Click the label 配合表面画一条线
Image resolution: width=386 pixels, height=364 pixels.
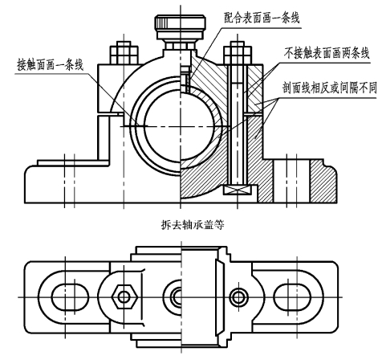pyautogui.click(x=262, y=18)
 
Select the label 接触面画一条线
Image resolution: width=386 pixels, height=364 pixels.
pyautogui.click(x=51, y=64)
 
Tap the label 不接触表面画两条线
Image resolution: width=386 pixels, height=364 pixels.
pyautogui.click(x=327, y=53)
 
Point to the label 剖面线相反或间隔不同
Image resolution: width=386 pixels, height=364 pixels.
pyautogui.click(x=330, y=88)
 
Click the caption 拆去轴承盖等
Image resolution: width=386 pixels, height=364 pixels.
pyautogui.click(x=193, y=224)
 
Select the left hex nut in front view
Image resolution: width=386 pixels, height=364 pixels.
pyautogui.click(x=124, y=53)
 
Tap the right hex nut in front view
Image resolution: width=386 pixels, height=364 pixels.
pyautogui.click(x=238, y=53)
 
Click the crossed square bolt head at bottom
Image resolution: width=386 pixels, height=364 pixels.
pyautogui.click(x=238, y=190)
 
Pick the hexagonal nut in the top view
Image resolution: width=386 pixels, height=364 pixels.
pyautogui.click(x=124, y=297)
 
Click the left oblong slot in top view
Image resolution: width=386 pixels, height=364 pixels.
pyautogui.click(x=70, y=297)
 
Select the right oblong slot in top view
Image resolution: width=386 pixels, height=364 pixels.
pyautogui.click(x=292, y=297)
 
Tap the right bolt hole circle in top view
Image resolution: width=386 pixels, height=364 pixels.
pyautogui.click(x=238, y=297)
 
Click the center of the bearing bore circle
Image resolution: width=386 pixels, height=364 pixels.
pyautogui.click(x=180, y=126)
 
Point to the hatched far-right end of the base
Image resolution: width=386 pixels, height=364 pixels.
pyautogui.click(x=323, y=181)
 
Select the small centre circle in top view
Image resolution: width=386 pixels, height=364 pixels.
pyautogui.click(x=177, y=297)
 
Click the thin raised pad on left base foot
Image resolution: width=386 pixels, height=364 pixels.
pyautogui.click(x=73, y=163)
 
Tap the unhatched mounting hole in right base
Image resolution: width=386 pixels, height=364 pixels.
pyautogui.click(x=291, y=182)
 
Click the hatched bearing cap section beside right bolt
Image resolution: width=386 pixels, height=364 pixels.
pyautogui.click(x=254, y=88)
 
